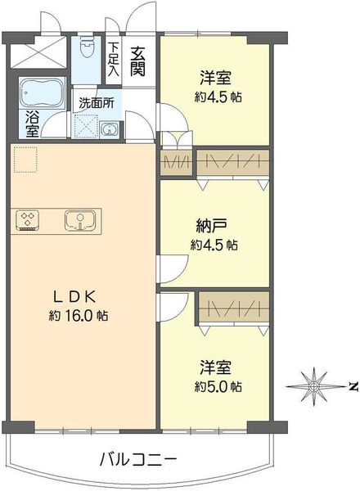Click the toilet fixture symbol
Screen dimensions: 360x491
(x=86, y=47)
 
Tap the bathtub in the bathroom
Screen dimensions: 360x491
(x=42, y=93)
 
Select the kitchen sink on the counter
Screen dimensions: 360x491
(x=80, y=220)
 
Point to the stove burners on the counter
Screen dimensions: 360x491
(x=28, y=220)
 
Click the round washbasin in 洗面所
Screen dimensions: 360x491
(x=109, y=129)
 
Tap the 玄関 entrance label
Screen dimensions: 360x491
(x=137, y=61)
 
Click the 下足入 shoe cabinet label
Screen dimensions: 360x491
(x=113, y=59)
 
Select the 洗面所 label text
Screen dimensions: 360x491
(x=97, y=103)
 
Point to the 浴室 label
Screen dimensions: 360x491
(x=32, y=124)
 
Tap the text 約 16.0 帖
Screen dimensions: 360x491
(x=79, y=316)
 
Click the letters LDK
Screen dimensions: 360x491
(x=74, y=296)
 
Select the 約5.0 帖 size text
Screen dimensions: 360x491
(x=218, y=387)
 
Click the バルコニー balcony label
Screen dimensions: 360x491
(x=137, y=460)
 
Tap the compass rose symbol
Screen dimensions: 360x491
(x=313, y=387)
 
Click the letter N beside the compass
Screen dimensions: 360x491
(x=353, y=387)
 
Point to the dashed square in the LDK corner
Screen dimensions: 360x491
(x=25, y=160)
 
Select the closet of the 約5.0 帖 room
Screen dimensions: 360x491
(x=233, y=308)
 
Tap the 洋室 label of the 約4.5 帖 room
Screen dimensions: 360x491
(x=216, y=78)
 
